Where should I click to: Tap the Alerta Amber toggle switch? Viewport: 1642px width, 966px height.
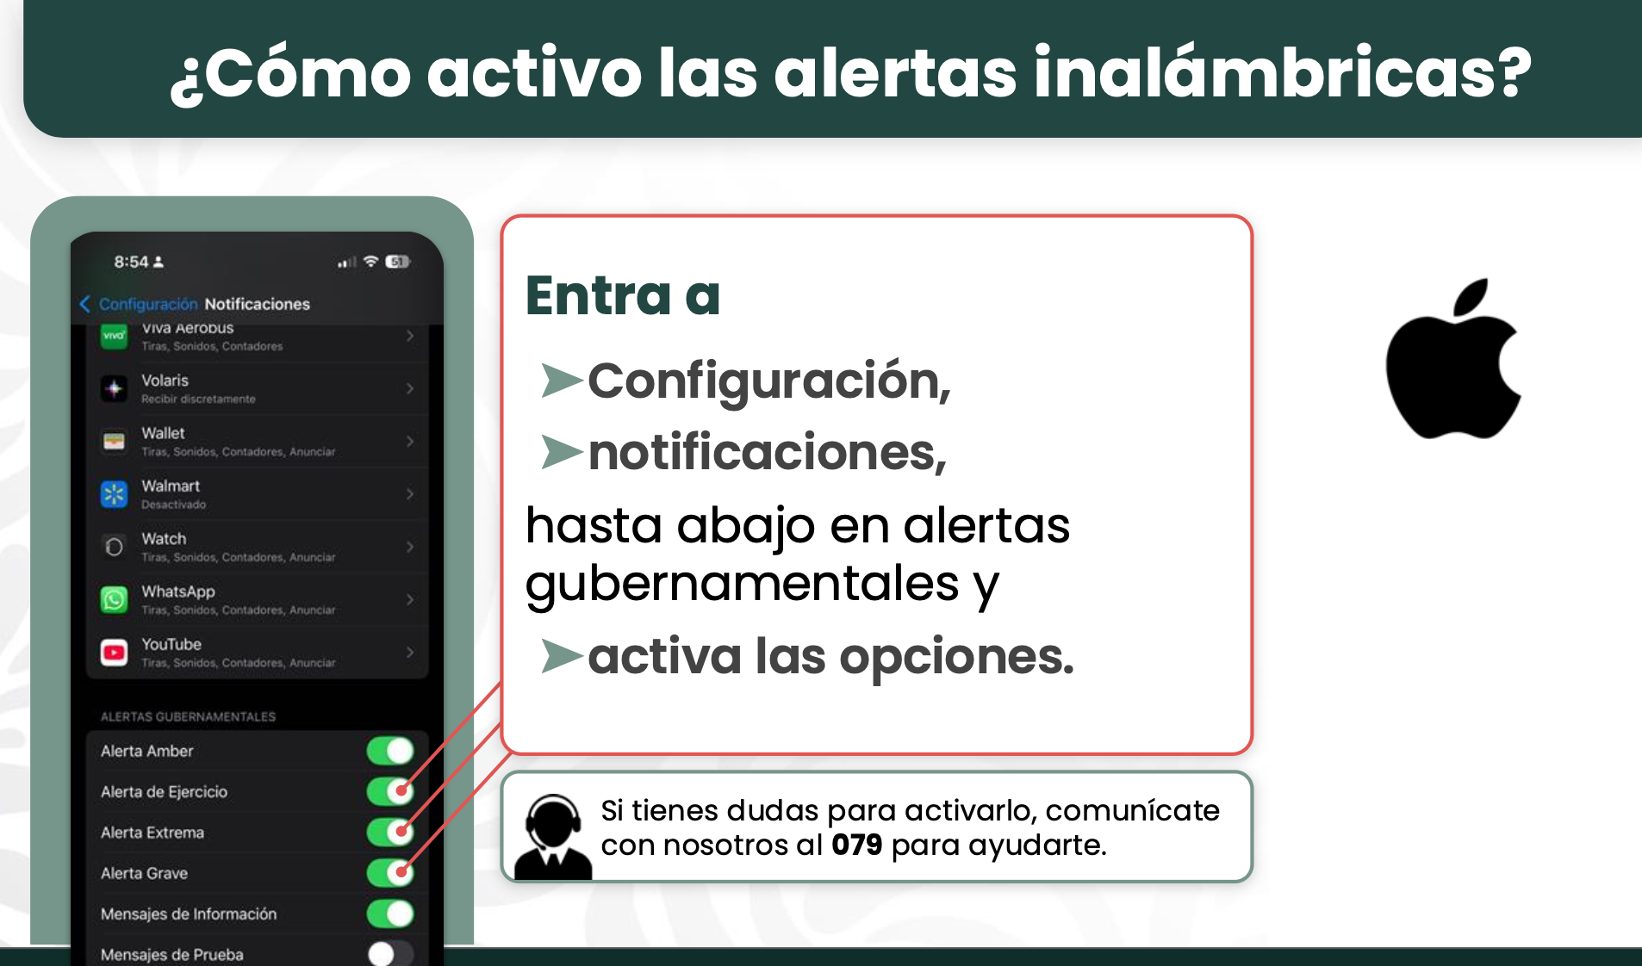(390, 751)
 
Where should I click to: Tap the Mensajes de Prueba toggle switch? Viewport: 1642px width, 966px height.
(390, 953)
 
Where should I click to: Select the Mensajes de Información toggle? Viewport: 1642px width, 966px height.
(390, 913)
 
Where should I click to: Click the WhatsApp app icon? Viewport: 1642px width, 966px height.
(114, 599)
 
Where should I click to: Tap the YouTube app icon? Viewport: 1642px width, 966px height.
(114, 652)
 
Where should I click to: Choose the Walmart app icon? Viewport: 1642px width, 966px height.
(114, 494)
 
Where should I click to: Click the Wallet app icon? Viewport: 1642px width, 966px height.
(114, 442)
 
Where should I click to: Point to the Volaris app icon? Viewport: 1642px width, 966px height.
(114, 388)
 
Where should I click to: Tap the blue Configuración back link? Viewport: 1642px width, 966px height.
(139, 304)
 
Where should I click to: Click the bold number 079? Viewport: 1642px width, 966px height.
(856, 845)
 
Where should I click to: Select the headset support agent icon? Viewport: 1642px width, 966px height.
(553, 836)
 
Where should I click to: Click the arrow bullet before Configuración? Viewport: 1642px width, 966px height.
(562, 381)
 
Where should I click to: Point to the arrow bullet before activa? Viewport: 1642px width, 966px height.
(562, 656)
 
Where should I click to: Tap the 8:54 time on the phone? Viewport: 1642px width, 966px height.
(131, 262)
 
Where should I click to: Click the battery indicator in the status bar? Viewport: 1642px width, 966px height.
(397, 262)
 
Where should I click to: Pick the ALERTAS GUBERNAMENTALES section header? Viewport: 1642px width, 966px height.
(189, 716)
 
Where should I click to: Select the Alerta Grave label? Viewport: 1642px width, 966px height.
(144, 873)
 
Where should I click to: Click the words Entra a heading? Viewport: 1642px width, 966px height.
(623, 295)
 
